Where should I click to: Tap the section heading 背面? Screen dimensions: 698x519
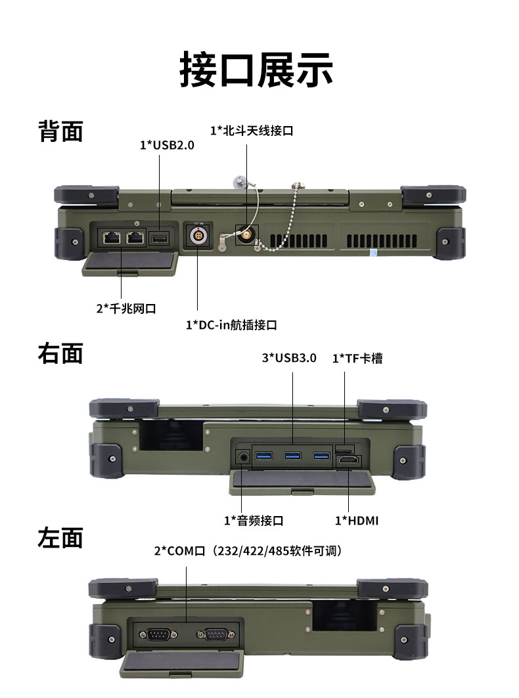(60, 131)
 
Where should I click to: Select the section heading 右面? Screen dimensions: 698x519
(60, 353)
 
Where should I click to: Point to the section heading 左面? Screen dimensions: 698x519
(60, 538)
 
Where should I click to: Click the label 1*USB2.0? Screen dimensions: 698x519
(167, 145)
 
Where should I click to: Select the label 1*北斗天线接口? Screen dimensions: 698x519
(251, 130)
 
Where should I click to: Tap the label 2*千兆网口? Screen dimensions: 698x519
(126, 308)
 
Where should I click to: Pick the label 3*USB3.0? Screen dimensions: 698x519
(289, 358)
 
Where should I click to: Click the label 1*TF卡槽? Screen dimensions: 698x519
(357, 358)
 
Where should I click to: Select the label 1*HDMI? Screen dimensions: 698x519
(357, 520)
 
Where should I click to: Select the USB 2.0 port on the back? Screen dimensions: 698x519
(160, 238)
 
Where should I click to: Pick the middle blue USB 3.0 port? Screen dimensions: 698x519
(292, 456)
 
